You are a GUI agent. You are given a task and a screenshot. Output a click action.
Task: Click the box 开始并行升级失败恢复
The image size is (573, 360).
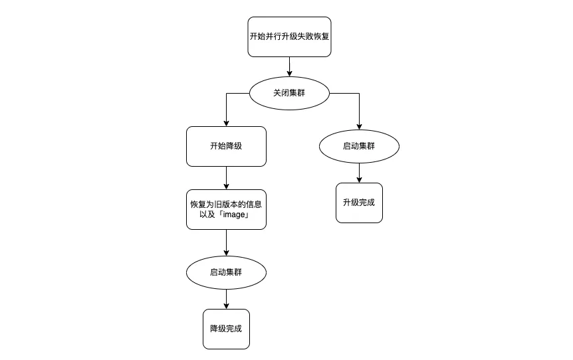(x=289, y=37)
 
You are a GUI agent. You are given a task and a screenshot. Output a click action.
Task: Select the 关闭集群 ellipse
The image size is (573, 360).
(x=289, y=93)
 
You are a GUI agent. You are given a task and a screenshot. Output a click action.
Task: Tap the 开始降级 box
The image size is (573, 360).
(x=226, y=146)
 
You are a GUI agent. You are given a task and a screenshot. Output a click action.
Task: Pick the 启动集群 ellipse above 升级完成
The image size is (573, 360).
(x=359, y=146)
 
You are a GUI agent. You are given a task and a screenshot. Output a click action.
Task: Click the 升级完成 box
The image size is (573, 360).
(x=359, y=202)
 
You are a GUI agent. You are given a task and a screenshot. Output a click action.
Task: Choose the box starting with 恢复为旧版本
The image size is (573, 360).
(x=226, y=209)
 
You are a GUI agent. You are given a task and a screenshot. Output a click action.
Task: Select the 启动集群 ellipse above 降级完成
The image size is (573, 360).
(x=226, y=272)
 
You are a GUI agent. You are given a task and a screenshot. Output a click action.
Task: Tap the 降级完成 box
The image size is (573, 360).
(x=226, y=329)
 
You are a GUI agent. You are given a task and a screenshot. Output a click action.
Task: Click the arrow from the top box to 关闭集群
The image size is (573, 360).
(x=289, y=66)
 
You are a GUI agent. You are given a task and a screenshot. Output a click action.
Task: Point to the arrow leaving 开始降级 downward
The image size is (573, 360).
(x=226, y=177)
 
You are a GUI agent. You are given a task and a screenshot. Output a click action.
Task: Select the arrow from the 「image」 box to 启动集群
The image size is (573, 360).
(x=226, y=242)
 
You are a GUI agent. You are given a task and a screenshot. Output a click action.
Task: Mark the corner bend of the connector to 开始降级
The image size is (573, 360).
(x=227, y=94)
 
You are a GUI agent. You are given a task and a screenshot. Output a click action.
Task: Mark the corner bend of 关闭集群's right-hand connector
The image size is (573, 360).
(x=359, y=94)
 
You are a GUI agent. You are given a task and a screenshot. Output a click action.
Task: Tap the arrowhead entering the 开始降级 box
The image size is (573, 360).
(x=226, y=123)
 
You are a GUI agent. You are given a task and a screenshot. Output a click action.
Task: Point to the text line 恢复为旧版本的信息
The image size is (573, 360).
(x=226, y=204)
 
